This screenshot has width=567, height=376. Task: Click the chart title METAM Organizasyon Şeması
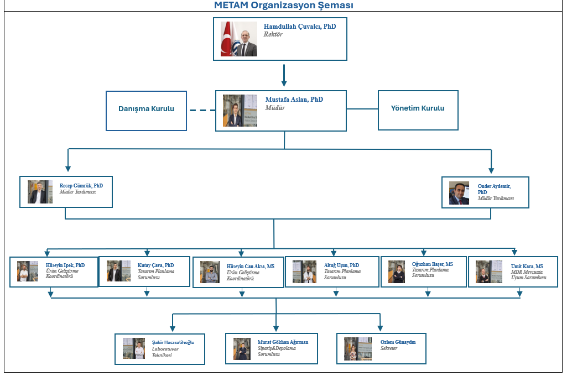tap(283, 6)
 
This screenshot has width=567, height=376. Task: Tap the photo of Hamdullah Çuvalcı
tap(239, 39)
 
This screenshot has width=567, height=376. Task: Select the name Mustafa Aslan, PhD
tap(294, 100)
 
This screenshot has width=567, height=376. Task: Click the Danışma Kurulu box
tap(146, 109)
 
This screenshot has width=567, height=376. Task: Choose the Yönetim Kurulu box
tap(418, 108)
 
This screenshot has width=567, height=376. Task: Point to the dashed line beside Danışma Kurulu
tap(202, 110)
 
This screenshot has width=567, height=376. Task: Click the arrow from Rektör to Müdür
tap(284, 75)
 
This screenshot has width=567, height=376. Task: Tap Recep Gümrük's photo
tap(40, 192)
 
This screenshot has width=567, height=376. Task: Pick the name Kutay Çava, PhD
tap(155, 265)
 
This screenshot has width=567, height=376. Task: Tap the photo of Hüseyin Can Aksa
tap(210, 272)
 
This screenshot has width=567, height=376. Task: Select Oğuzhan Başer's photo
tap(397, 271)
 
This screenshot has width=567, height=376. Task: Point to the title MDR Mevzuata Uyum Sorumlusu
tap(528, 275)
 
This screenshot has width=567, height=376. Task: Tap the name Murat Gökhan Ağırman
tap(283, 342)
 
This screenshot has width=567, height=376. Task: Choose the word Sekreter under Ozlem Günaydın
tap(389, 349)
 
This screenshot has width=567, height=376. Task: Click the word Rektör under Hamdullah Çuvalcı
tap(273, 34)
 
